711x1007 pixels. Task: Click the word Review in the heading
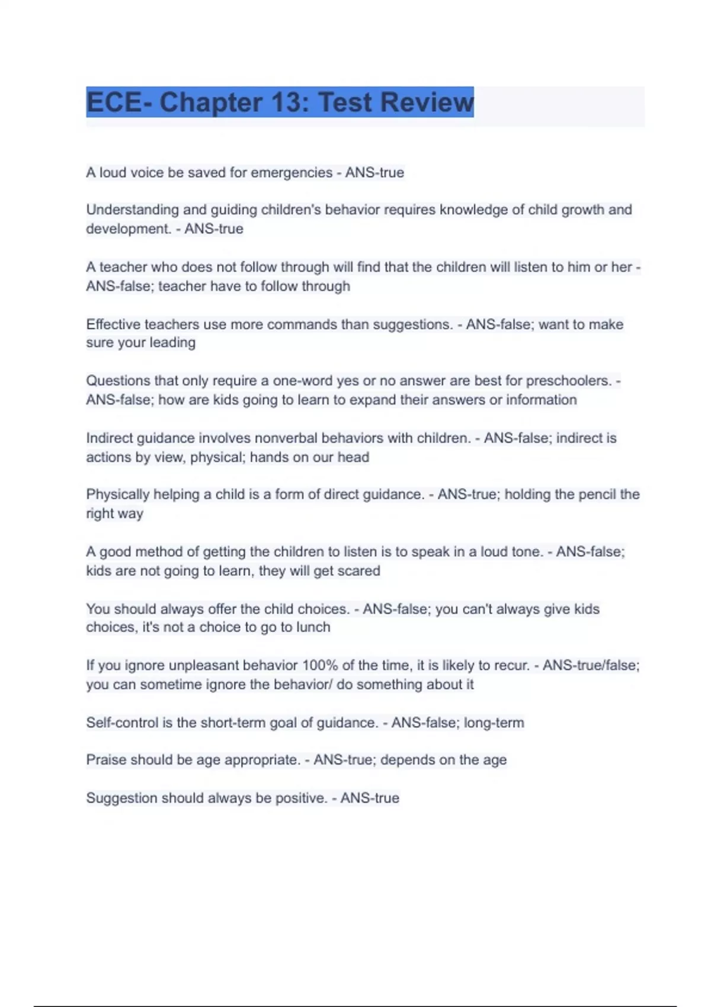[x=427, y=102]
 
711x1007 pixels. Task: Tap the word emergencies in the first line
[x=292, y=172]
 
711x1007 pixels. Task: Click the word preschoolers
[x=568, y=380]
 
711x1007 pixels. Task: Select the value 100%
[x=320, y=665]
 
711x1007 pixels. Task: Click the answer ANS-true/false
[x=591, y=665]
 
